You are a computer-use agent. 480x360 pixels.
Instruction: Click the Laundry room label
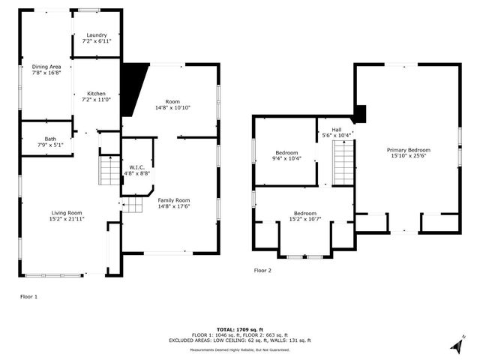96,34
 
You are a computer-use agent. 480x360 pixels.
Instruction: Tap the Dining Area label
46,67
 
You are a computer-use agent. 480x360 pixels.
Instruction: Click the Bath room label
49,139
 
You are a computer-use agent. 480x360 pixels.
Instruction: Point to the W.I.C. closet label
136,167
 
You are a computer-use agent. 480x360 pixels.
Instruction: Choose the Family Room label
173,200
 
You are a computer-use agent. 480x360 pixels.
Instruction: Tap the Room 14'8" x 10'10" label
172,103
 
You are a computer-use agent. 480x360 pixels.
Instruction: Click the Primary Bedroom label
408,150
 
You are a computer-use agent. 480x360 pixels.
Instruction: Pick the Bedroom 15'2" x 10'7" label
304,213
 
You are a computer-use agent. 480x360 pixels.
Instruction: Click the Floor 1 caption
28,297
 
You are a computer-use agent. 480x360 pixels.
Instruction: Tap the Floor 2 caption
262,270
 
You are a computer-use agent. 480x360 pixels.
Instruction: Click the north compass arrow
456,344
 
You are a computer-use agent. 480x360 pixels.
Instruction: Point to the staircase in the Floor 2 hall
343,163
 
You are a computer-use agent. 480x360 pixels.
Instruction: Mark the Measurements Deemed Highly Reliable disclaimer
239,349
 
